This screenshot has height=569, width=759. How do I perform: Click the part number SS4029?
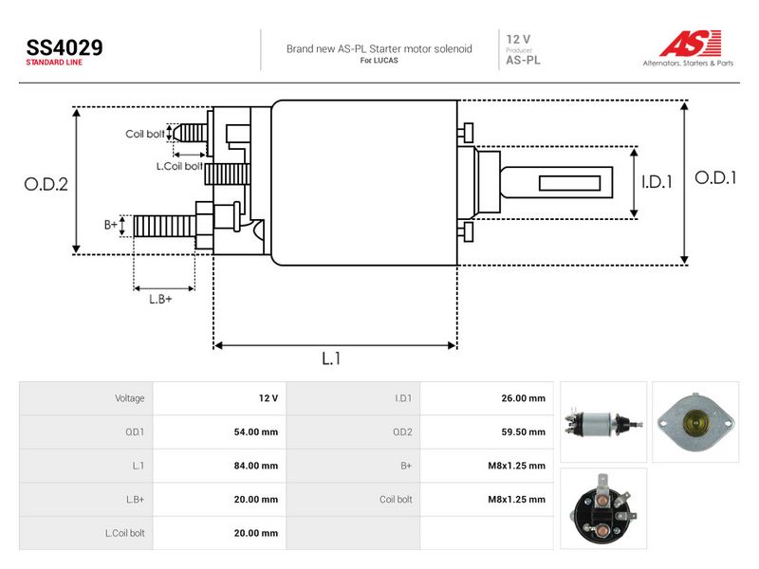tap(65, 47)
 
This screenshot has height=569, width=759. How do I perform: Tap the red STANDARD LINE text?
tap(54, 63)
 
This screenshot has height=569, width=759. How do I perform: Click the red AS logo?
tap(691, 43)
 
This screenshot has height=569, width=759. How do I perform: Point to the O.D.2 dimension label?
tap(46, 184)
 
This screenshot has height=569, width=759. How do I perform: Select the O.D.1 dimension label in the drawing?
tap(715, 178)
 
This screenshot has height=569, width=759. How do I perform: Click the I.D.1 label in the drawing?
tap(657, 182)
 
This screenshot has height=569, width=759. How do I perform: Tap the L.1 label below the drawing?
tap(331, 358)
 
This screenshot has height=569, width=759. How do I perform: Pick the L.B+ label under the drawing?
tap(160, 299)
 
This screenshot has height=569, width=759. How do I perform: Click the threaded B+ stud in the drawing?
tap(164, 227)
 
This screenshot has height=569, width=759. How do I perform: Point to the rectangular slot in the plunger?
tap(570, 183)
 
